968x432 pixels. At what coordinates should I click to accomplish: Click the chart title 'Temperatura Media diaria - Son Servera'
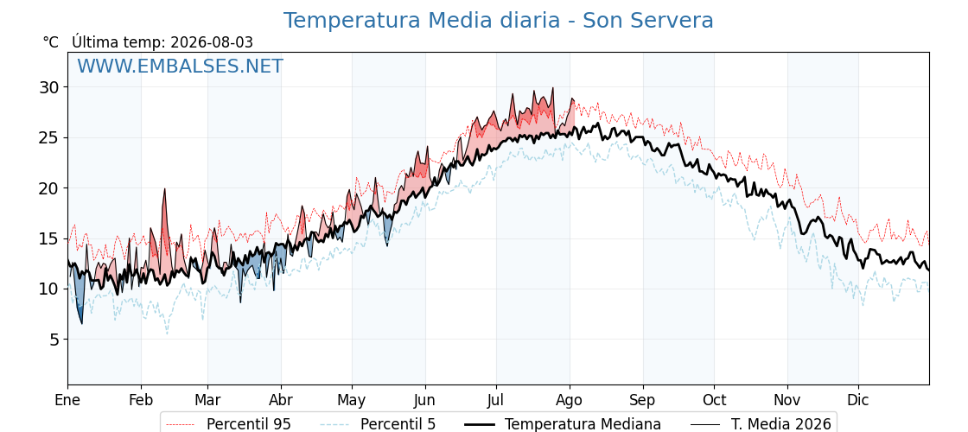(x=498, y=21)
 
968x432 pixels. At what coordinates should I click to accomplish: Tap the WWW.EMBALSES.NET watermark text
(x=181, y=66)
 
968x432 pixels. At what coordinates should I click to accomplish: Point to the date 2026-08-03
(x=212, y=42)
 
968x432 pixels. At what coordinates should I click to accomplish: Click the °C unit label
(x=51, y=42)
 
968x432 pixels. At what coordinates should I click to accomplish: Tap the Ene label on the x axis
(x=67, y=401)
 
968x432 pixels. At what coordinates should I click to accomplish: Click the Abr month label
(x=281, y=401)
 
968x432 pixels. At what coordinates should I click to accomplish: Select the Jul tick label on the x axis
(x=496, y=401)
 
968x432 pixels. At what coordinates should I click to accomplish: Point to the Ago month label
(x=570, y=401)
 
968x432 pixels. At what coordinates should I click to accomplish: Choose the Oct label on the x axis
(x=714, y=401)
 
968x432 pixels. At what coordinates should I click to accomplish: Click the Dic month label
(x=858, y=401)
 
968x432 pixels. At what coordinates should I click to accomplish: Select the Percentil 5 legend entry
(x=378, y=424)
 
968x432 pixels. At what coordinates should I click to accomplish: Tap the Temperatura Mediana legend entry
(x=561, y=424)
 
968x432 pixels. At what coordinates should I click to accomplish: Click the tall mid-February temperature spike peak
(x=165, y=189)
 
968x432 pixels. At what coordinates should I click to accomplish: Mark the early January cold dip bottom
(x=81, y=323)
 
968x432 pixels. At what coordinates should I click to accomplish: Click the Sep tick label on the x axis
(x=642, y=401)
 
